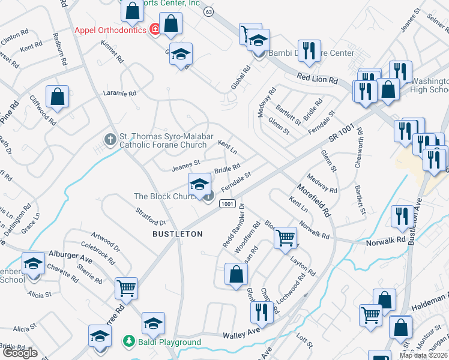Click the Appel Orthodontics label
[x=110, y=30]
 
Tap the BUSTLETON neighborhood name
[x=177, y=233]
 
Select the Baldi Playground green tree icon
[x=128, y=341]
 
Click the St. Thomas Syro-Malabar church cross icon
[x=110, y=140]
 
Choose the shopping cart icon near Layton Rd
[x=286, y=237]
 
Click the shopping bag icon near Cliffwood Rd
[x=57, y=97]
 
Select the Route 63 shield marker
[x=208, y=11]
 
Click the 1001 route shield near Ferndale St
[x=226, y=204]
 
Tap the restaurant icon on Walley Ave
[x=261, y=311]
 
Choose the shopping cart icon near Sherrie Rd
[x=126, y=289]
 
